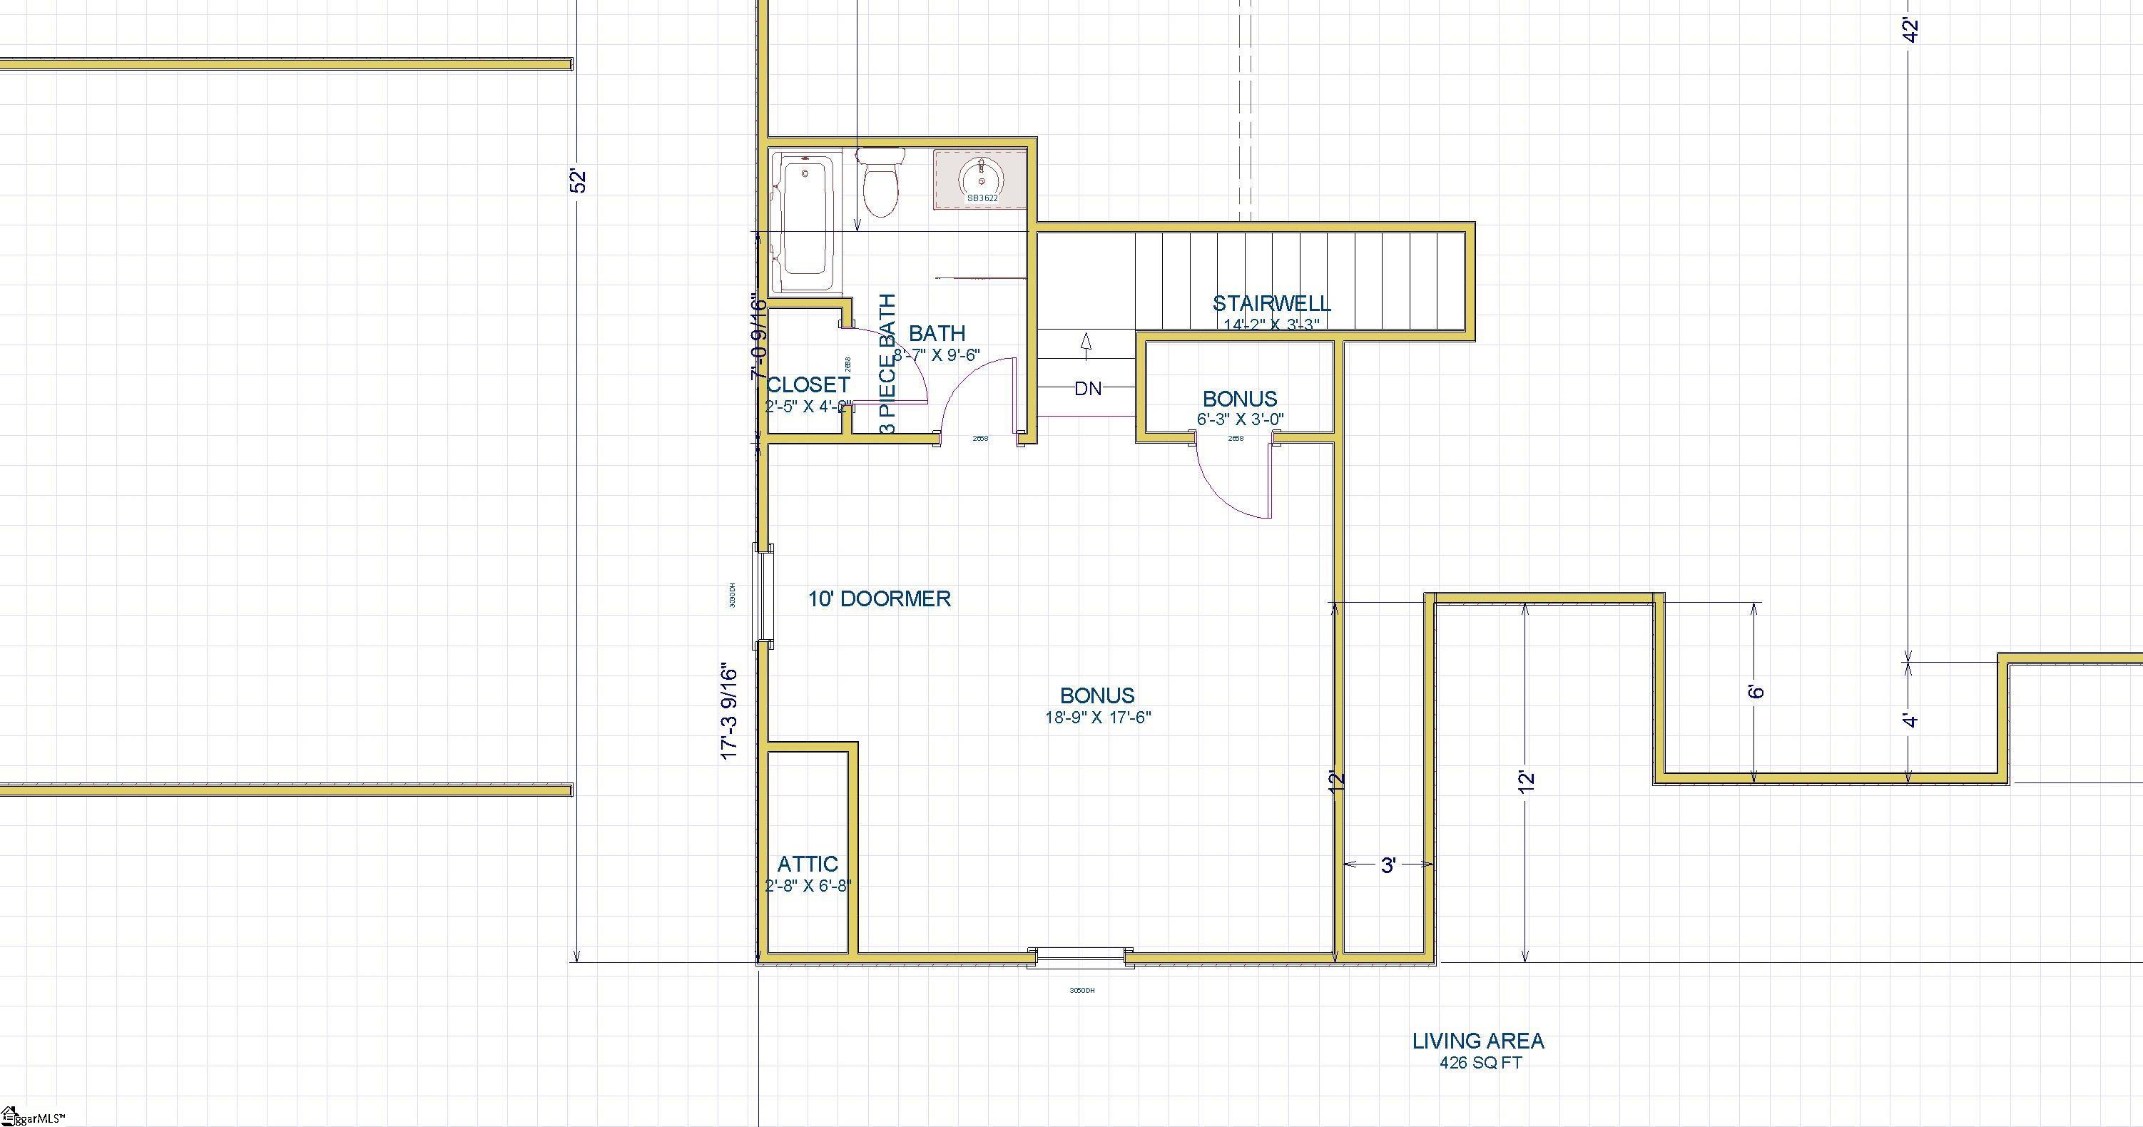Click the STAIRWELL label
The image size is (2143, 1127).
click(x=1271, y=304)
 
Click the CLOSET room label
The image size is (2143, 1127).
click(x=808, y=385)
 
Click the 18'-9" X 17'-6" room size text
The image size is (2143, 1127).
click(x=1098, y=717)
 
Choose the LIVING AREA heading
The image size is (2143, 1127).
click(x=1478, y=1041)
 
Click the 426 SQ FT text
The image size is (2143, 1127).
click(x=1481, y=1063)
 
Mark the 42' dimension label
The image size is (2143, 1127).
click(x=1911, y=30)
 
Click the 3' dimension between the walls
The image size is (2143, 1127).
click(x=1388, y=866)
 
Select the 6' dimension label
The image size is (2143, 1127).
click(x=1756, y=691)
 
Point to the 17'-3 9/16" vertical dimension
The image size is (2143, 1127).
click(x=730, y=710)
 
